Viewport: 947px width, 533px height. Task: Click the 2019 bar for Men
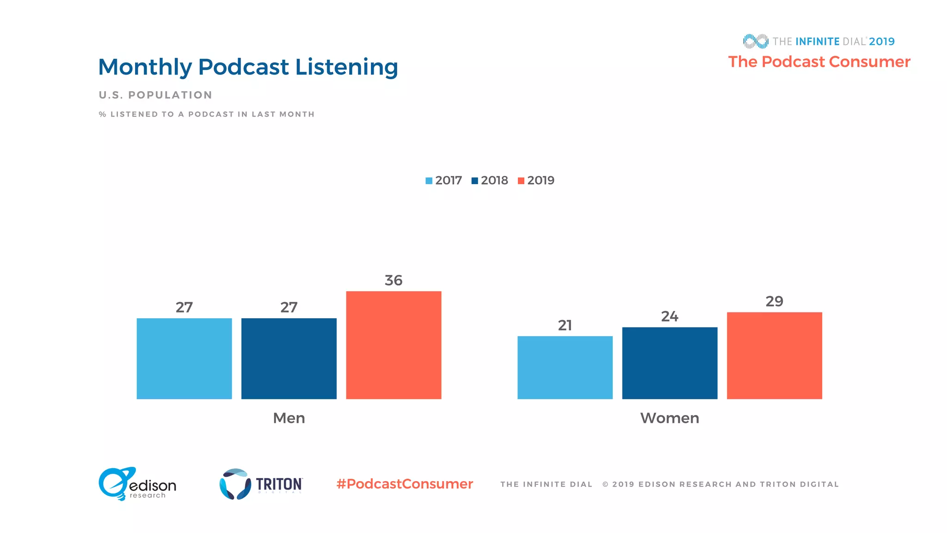pos(394,345)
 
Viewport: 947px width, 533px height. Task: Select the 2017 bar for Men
pos(184,359)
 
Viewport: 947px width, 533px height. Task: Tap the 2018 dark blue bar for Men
pos(289,359)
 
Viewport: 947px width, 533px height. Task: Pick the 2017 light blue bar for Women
pos(565,367)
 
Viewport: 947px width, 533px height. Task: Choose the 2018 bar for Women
pos(670,363)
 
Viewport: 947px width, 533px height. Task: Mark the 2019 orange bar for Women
pos(775,355)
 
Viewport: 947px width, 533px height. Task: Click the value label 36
pos(394,280)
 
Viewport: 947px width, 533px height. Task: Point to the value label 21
pos(565,325)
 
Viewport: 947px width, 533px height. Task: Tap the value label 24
pos(670,316)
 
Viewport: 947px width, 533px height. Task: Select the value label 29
pos(775,302)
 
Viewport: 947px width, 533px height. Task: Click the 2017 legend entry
pos(444,180)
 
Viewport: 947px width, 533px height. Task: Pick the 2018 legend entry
pos(490,180)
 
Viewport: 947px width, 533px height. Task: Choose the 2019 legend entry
pos(536,180)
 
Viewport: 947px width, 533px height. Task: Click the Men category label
pos(289,418)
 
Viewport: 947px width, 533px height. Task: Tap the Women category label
pos(670,418)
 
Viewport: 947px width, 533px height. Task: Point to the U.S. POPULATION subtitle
pos(155,95)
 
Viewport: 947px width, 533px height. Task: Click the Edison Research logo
pos(137,484)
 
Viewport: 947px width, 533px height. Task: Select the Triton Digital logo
pos(261,484)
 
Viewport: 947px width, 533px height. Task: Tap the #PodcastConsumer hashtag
pos(405,484)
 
